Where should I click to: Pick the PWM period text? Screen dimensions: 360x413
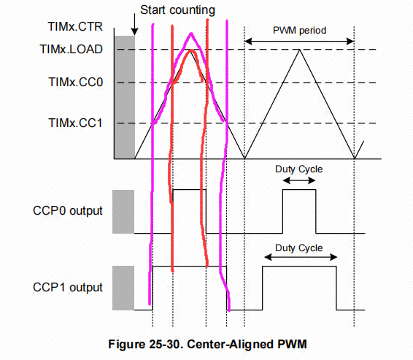(x=299, y=31)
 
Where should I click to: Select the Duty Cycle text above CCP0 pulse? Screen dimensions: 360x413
(x=298, y=169)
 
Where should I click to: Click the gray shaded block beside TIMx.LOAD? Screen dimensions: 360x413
(x=125, y=95)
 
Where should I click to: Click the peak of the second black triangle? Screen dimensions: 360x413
(x=299, y=50)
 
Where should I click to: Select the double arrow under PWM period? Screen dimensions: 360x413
(x=299, y=42)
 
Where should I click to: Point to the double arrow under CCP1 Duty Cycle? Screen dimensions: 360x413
(x=299, y=257)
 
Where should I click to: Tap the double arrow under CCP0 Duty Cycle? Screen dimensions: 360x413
(x=299, y=179)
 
